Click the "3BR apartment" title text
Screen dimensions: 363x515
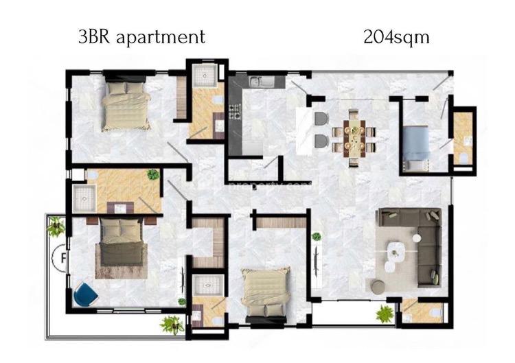(141, 36)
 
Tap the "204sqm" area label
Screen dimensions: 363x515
(396, 36)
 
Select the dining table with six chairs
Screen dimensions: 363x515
(355, 134)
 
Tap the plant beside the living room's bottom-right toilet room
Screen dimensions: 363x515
(386, 314)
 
